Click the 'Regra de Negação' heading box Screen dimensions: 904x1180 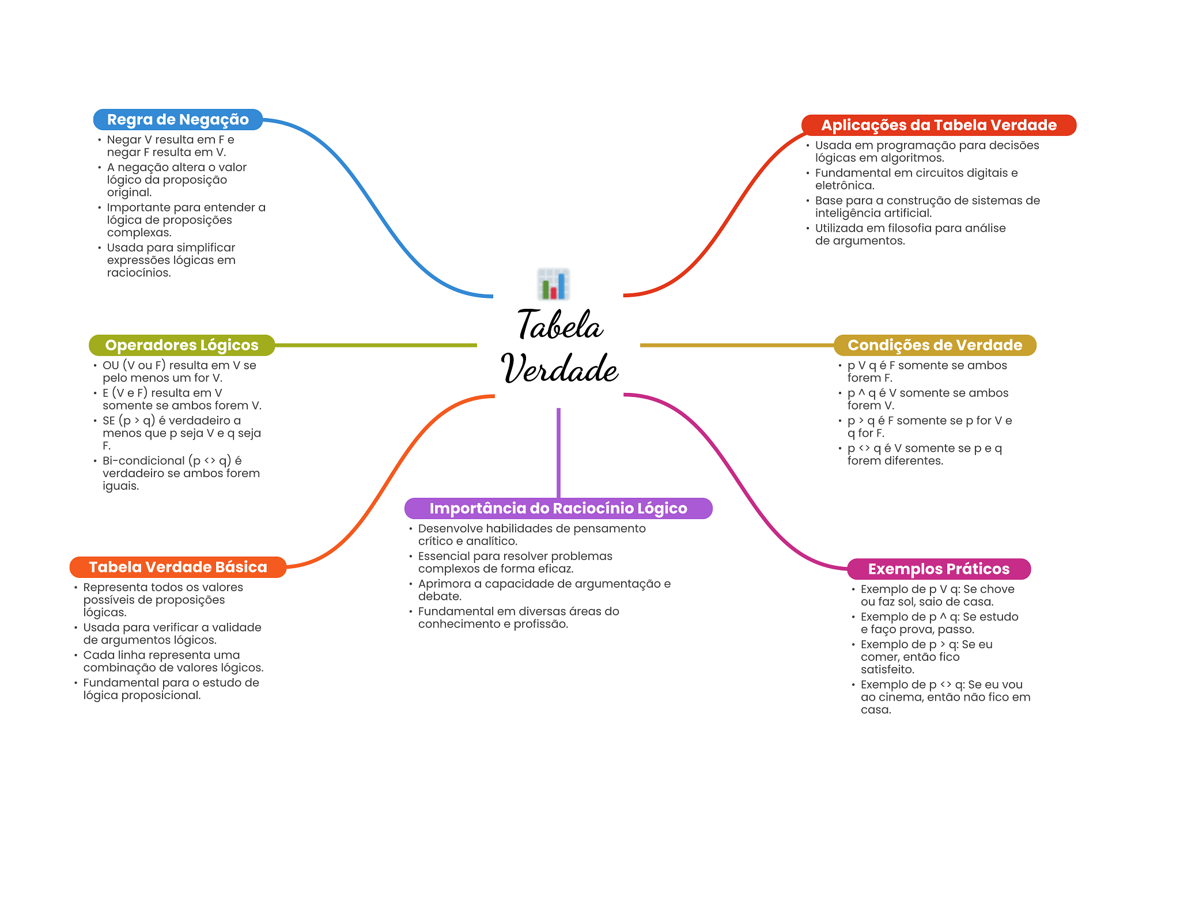click(177, 119)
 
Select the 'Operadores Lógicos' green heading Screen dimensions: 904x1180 click(181, 345)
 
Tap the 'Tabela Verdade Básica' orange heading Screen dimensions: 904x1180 click(177, 567)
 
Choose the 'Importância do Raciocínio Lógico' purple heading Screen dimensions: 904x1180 click(558, 508)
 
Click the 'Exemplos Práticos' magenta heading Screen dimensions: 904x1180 click(938, 569)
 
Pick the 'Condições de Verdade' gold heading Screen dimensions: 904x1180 click(935, 345)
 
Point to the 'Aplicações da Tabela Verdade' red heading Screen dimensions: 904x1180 click(938, 125)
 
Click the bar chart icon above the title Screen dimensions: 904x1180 click(553, 284)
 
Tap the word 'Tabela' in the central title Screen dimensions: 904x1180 click(560, 326)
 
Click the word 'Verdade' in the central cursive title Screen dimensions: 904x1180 click(560, 369)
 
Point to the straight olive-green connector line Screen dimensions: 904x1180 click(375, 345)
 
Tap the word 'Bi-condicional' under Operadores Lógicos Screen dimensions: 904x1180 click(143, 461)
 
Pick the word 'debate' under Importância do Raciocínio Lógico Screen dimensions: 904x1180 click(438, 596)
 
